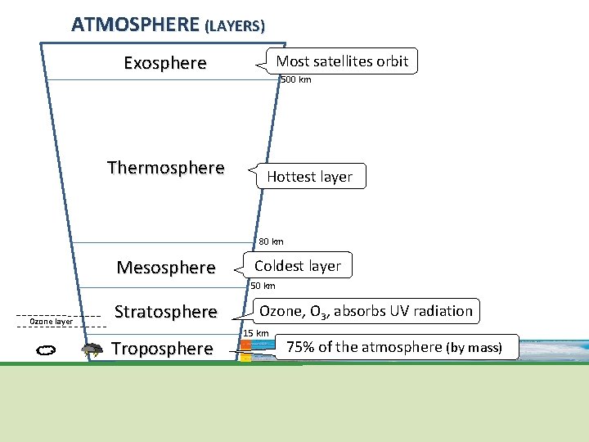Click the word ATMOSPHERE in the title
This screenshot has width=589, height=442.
coord(136,25)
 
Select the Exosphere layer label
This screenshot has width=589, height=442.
coord(165,63)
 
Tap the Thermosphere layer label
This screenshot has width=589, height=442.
coord(165,168)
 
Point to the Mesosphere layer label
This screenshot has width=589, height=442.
coord(166,268)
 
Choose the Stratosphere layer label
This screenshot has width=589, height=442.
coord(166,312)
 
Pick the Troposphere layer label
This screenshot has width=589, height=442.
coord(162,349)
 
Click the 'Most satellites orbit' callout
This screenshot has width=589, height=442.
coord(342,61)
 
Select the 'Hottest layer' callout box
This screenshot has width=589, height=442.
coord(309,177)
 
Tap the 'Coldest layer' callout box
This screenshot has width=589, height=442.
coord(298,266)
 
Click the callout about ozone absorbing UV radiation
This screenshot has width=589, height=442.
coord(366,311)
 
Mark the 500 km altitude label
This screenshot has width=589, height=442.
coord(295,79)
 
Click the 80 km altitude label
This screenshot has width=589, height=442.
coord(271,241)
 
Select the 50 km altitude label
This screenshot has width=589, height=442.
coord(263,286)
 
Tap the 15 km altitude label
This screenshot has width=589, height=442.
coord(256,333)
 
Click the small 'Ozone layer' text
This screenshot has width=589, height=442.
coord(51,322)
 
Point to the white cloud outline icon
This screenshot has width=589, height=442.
coord(46,350)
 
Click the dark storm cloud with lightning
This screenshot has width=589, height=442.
coord(92,350)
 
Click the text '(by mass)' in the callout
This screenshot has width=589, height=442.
coord(474,348)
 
